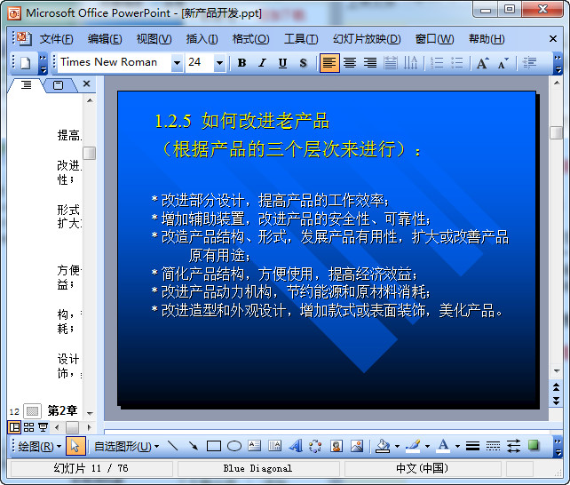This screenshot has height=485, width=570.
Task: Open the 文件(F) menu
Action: [x=56, y=39]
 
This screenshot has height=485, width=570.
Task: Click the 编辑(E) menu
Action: [x=105, y=39]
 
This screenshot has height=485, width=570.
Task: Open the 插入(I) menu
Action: [x=202, y=39]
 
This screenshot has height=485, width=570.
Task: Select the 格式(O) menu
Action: [x=250, y=39]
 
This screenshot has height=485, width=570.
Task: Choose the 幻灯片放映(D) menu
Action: [x=367, y=39]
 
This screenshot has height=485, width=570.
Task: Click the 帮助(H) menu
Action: [x=487, y=39]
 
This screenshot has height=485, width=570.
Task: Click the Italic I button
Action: [x=262, y=63]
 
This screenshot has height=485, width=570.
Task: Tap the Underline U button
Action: [x=282, y=63]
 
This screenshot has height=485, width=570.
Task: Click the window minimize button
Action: [x=484, y=10]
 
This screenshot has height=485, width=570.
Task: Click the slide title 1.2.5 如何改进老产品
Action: [x=241, y=121]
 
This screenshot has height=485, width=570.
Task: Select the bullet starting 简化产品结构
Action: [x=288, y=274]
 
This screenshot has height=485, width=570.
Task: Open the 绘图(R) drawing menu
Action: [x=40, y=446]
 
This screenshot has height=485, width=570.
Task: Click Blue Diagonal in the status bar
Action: [x=257, y=468]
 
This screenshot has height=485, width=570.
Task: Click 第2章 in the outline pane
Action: [x=62, y=411]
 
